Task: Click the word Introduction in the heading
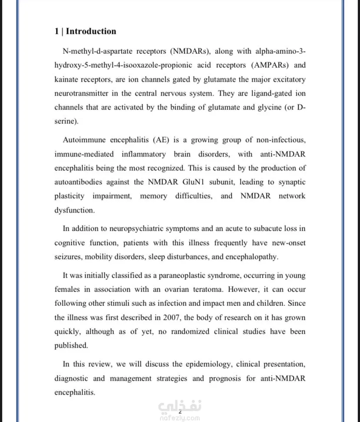(91, 31)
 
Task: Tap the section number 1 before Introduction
(57, 31)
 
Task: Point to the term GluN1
(212, 182)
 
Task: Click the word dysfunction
(74, 210)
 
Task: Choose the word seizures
(67, 256)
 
